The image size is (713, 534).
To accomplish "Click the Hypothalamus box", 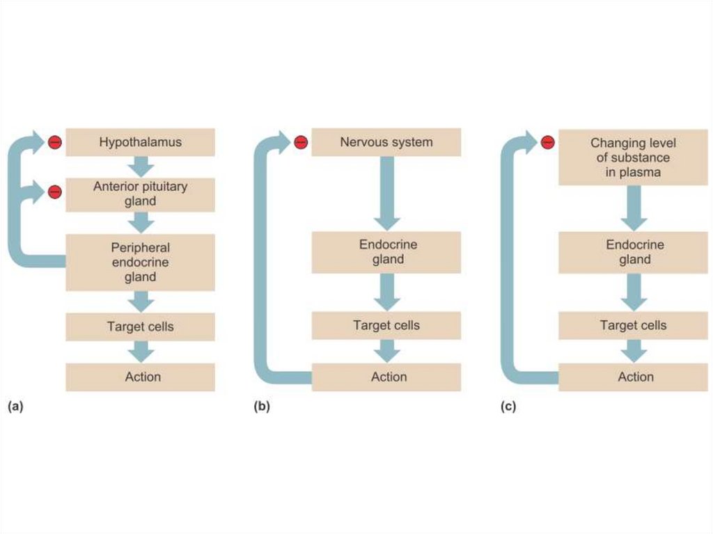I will (x=140, y=142).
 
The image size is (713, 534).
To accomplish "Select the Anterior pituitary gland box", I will (x=140, y=194).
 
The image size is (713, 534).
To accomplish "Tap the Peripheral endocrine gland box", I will (x=140, y=262).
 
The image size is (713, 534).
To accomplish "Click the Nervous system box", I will (x=386, y=142).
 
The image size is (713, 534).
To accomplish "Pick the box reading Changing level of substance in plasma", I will (x=633, y=157).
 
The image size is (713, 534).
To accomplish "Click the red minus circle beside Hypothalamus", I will (x=54, y=143).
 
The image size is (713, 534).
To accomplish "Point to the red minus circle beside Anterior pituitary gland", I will (x=54, y=191).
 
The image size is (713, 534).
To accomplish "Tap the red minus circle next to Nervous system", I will (x=301, y=143).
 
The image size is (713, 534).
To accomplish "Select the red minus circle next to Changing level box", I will (x=548, y=143).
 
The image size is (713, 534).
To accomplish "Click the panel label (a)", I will (x=15, y=407).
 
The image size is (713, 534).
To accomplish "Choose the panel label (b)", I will (x=262, y=407).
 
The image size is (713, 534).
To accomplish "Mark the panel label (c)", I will (x=509, y=407).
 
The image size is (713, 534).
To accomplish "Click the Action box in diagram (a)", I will (x=140, y=377).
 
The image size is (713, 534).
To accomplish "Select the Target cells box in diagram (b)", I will (x=386, y=325).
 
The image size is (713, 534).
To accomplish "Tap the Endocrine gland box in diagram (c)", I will (x=633, y=252).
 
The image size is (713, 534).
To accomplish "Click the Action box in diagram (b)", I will (x=386, y=377).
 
